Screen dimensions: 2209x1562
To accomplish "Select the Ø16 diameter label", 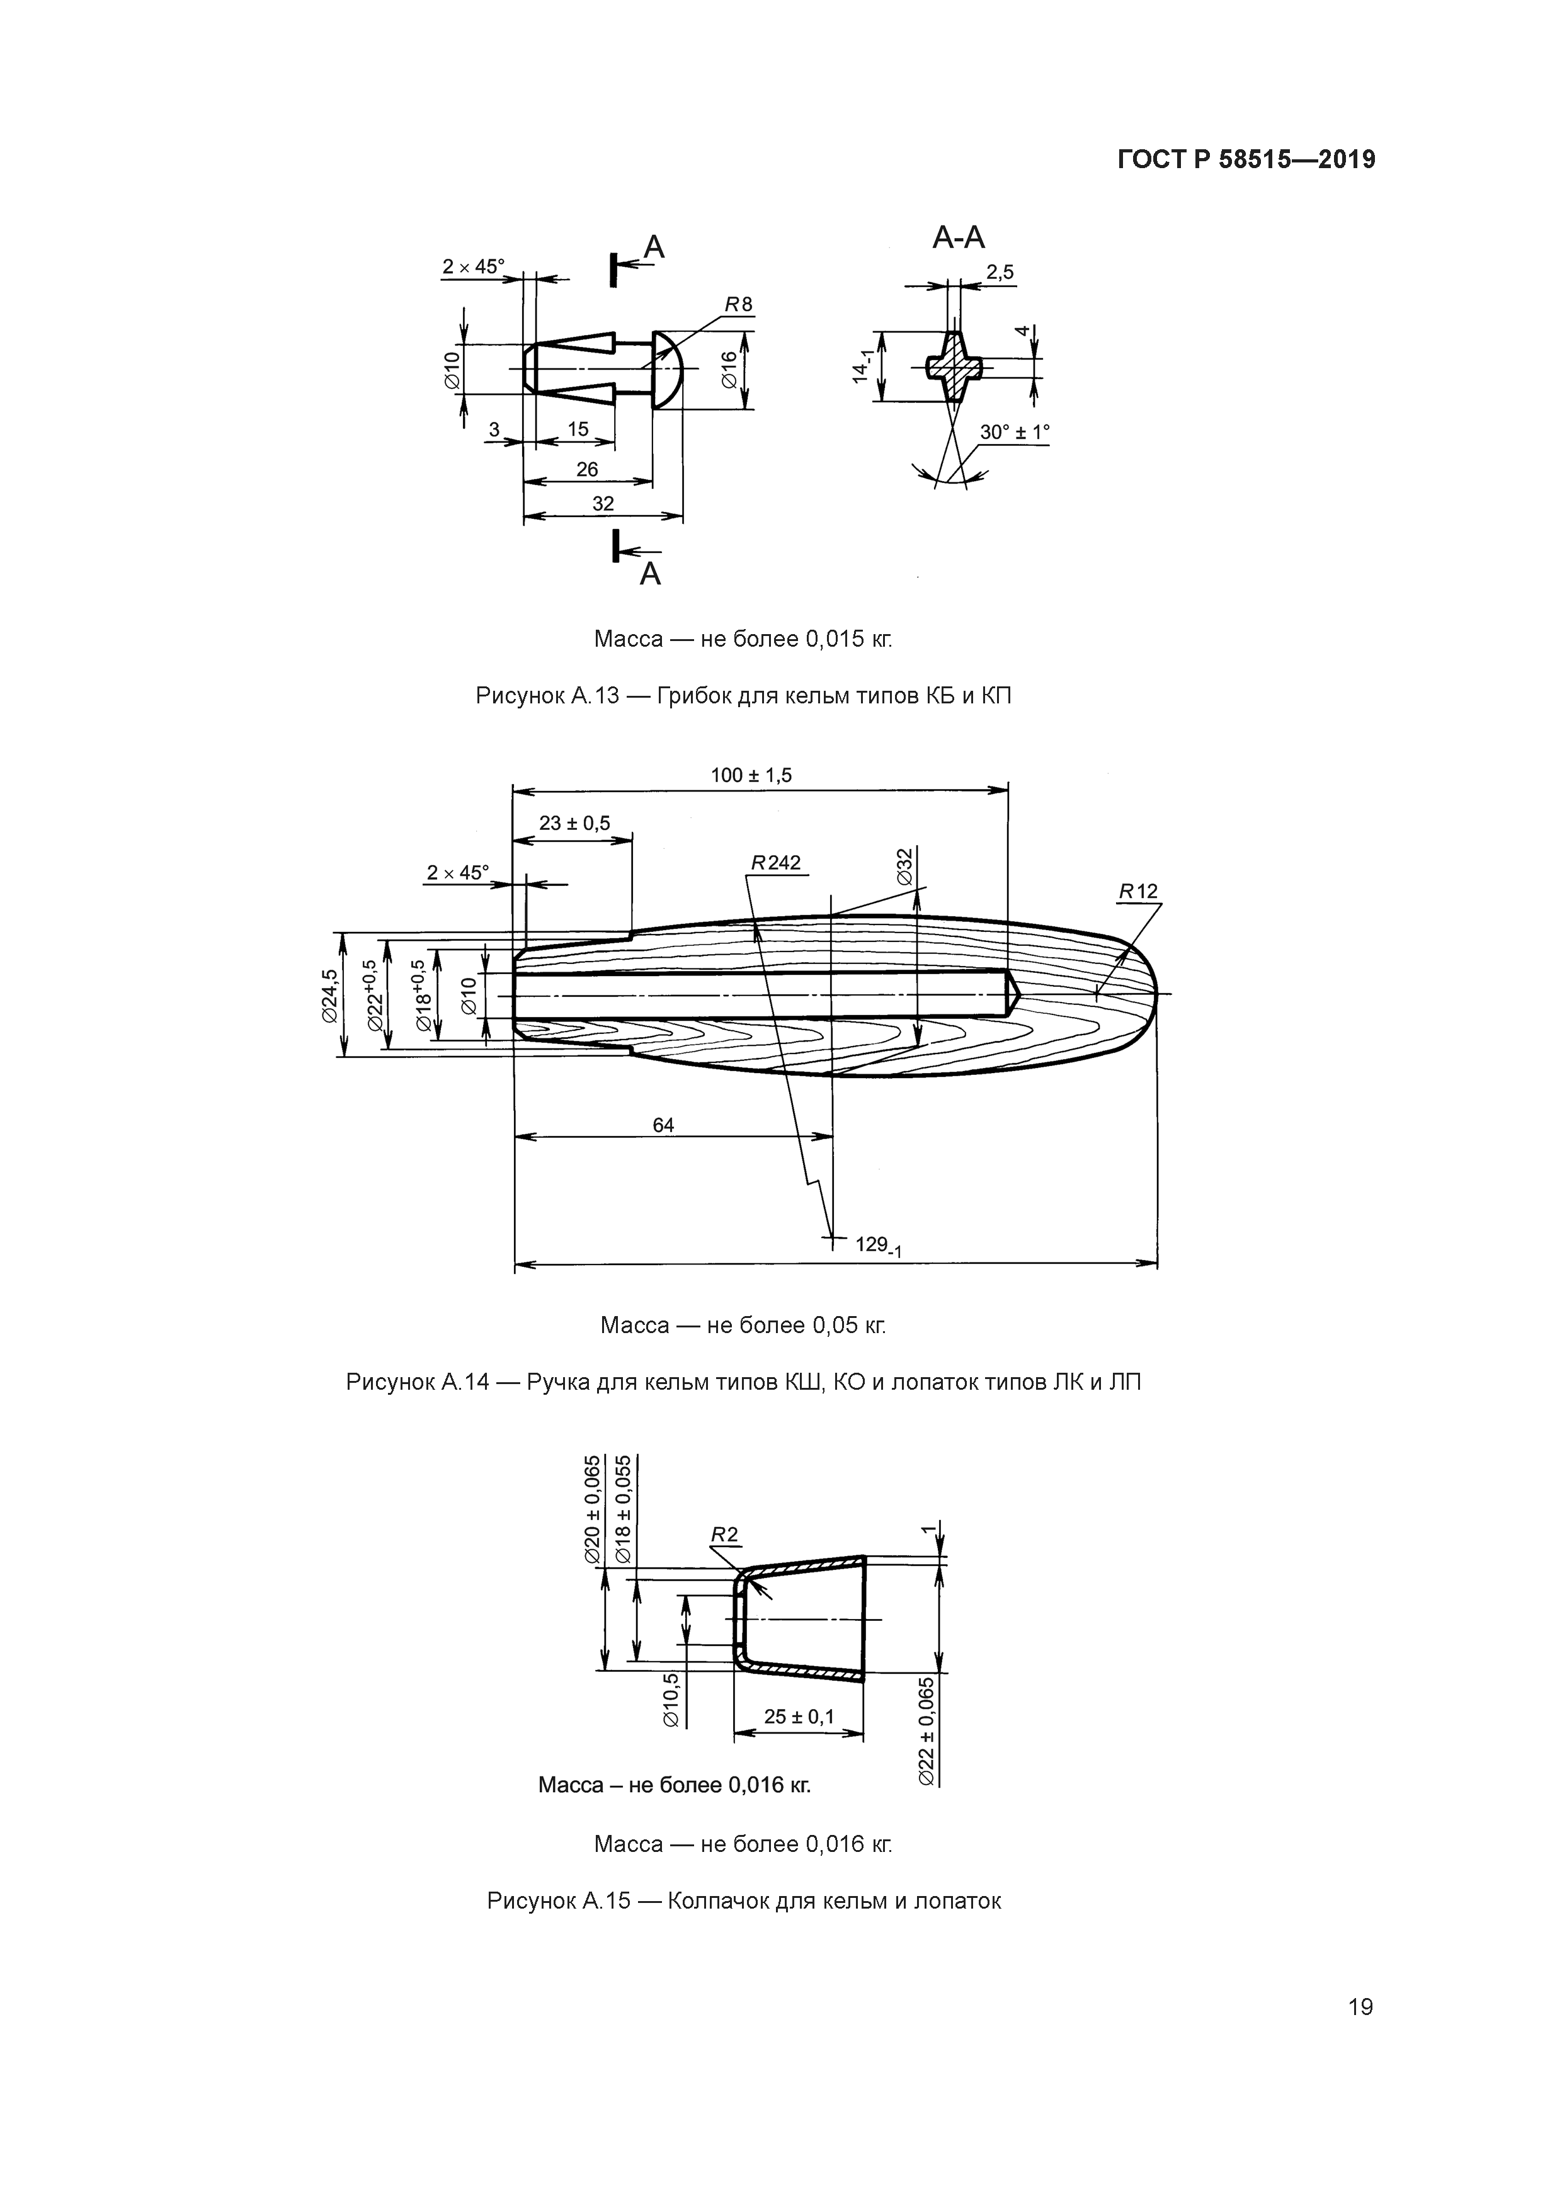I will click(729, 370).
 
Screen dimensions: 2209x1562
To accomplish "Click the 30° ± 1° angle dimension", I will click(1015, 433).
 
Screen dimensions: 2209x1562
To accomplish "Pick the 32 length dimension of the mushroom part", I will click(603, 503).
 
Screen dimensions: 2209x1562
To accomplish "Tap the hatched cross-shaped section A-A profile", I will click(955, 366).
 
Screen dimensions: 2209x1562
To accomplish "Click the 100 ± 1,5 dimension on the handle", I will click(751, 775).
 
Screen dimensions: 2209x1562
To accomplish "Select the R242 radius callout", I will click(776, 863).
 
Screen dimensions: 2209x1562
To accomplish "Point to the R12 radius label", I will click(1139, 892).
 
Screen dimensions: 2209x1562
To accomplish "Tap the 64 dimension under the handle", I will click(663, 1125).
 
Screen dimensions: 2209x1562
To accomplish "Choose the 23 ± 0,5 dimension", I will click(574, 824).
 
